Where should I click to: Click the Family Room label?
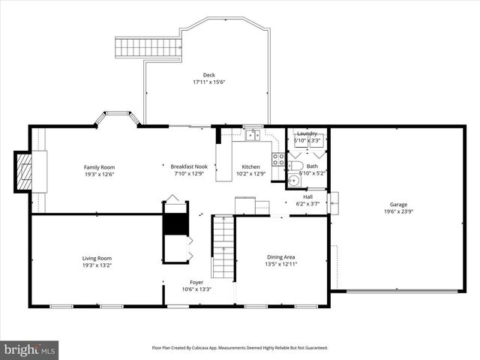pos(99,167)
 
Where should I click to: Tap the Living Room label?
pos(97,259)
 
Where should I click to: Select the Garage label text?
pos(397,205)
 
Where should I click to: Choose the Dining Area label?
pos(280,257)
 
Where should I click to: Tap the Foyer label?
pos(196,282)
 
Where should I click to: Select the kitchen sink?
pos(253,136)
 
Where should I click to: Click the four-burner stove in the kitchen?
pos(278,159)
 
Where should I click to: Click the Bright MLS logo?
pos(30,349)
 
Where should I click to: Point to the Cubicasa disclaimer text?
pos(240,348)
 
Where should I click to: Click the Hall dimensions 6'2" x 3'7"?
pos(307,203)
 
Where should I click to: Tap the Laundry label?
pos(307,133)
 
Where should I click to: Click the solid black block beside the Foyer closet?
pos(174,223)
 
